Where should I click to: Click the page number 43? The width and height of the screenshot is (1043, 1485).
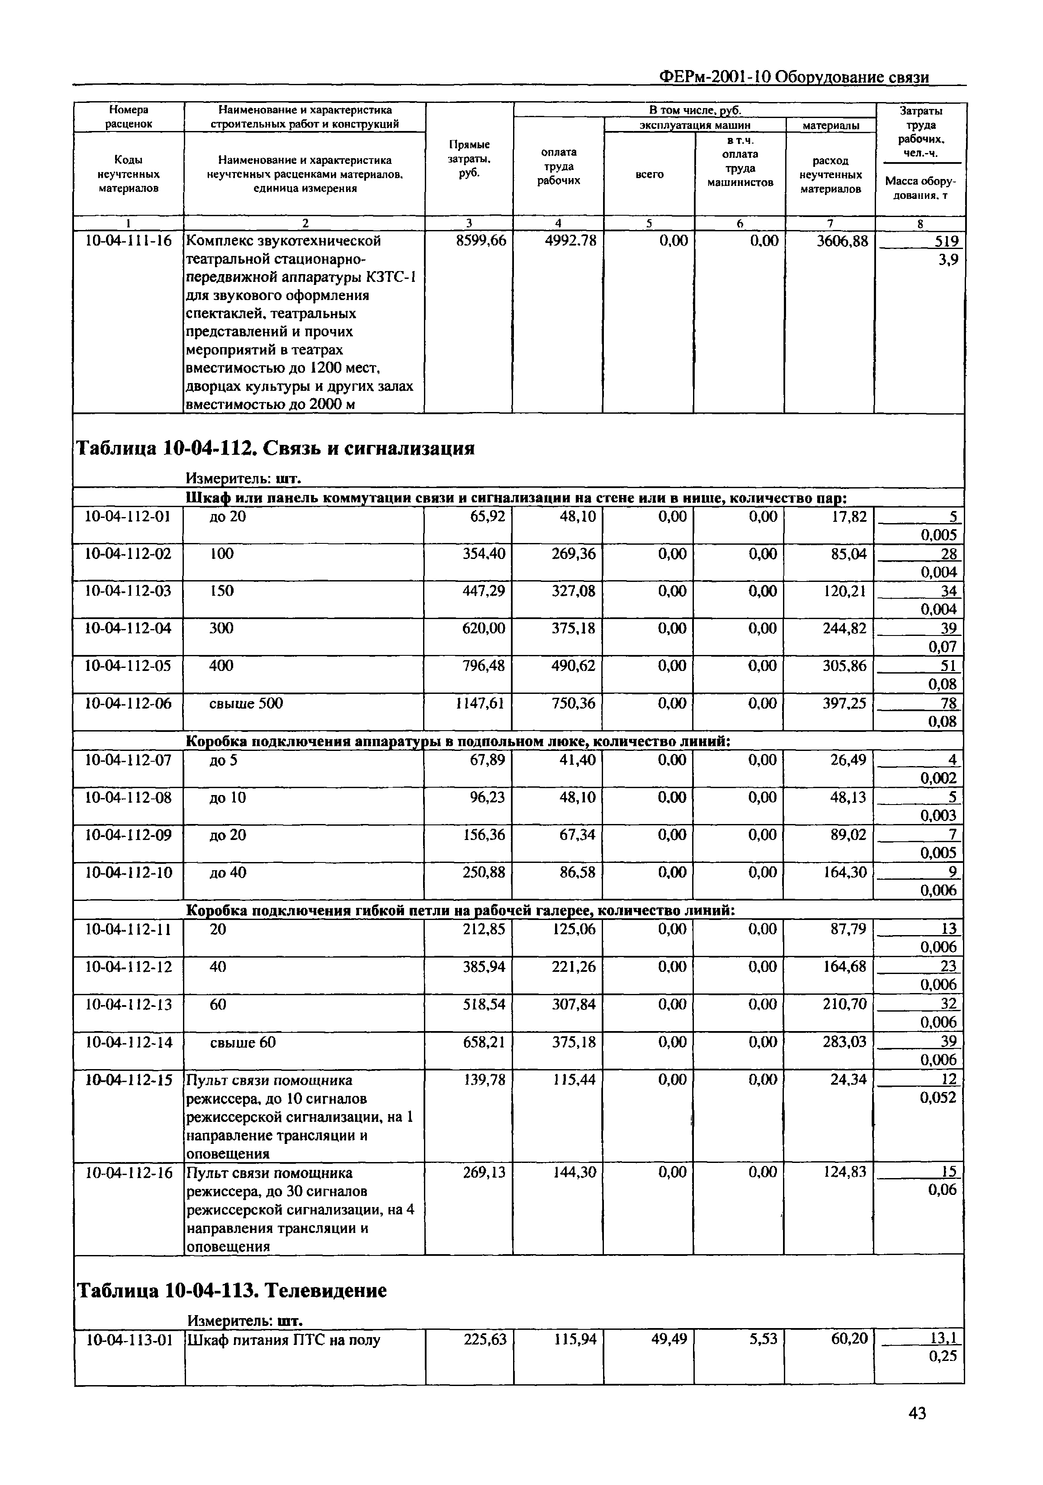(x=917, y=1414)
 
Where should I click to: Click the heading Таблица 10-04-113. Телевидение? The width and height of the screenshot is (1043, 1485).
(x=231, y=1290)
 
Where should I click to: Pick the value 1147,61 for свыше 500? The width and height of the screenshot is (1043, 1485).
(x=481, y=703)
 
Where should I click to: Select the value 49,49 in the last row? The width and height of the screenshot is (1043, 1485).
(x=669, y=1339)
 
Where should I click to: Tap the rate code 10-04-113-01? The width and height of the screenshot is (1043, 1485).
(x=129, y=1339)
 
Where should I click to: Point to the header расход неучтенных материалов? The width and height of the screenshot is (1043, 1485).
(x=830, y=175)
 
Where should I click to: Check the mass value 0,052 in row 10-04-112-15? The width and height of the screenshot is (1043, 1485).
(x=937, y=1098)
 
